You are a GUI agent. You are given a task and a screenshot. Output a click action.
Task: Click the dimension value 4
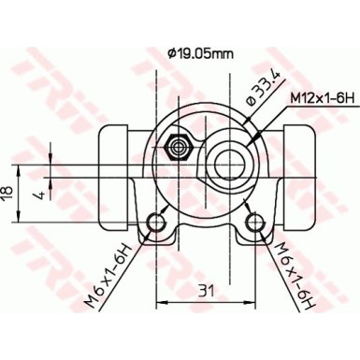point(37,194)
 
